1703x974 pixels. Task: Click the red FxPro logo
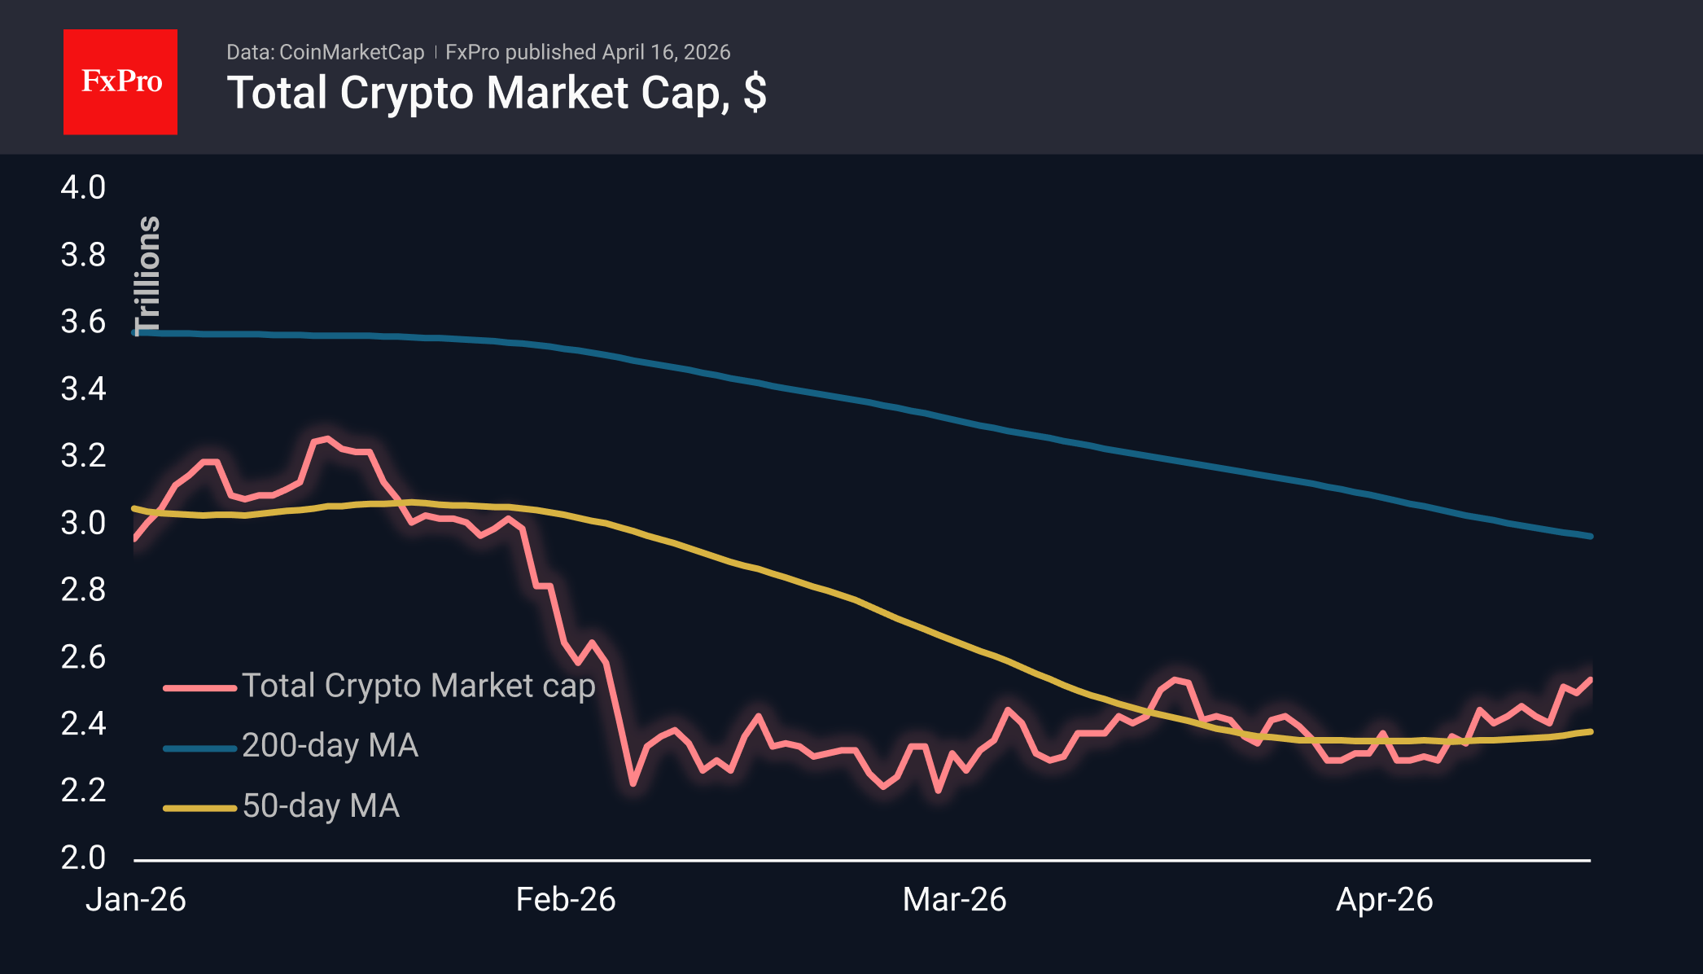click(120, 81)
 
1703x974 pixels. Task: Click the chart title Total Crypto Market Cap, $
click(496, 93)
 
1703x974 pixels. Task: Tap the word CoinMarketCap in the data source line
click(352, 52)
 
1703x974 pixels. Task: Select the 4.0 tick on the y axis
click(83, 187)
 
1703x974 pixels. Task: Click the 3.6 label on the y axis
click(83, 322)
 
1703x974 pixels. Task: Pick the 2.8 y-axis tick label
click(83, 590)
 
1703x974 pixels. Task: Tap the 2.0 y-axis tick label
click(83, 858)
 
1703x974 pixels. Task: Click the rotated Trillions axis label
click(148, 275)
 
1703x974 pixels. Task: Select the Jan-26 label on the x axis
click(136, 900)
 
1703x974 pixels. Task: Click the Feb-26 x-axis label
click(566, 900)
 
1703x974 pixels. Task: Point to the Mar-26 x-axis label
click(954, 900)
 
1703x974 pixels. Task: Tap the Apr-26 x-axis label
click(1384, 900)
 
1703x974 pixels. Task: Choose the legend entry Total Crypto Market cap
click(418, 686)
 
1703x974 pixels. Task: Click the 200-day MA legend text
click(330, 746)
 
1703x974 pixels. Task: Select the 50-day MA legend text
click(321, 806)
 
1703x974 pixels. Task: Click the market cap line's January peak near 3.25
click(326, 439)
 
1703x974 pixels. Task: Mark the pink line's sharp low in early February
click(633, 783)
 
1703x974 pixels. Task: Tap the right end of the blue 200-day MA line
click(1590, 536)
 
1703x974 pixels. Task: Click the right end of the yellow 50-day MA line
click(1590, 731)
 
